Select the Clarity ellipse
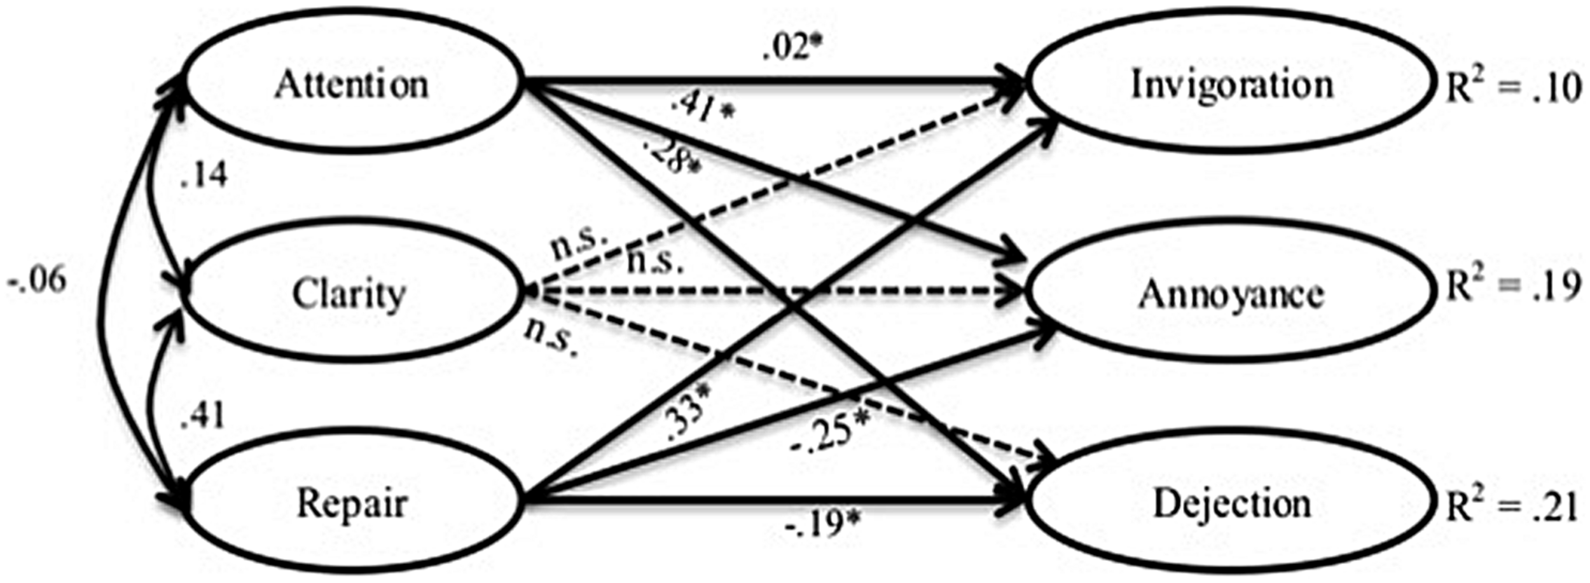pos(349,294)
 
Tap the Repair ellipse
pos(352,504)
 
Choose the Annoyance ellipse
pos(1231,294)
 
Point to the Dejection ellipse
pos(1231,504)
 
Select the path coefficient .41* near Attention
pos(702,108)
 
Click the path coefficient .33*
pos(687,420)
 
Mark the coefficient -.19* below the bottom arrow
pos(824,525)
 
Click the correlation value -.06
pos(37,280)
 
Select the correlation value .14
pos(204,175)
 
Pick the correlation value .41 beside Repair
pos(204,416)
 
